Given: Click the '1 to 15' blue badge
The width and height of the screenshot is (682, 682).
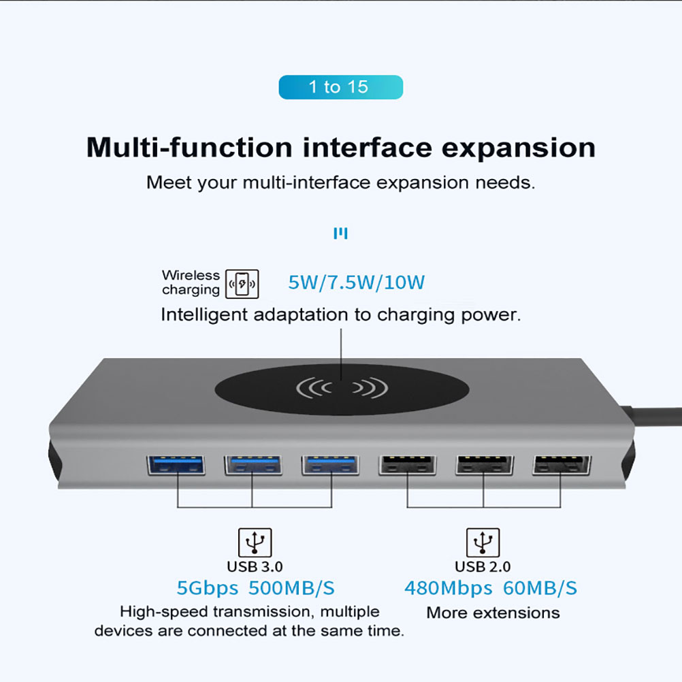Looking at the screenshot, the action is click(x=340, y=87).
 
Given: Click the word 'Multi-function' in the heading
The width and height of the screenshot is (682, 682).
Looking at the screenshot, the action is click(x=189, y=147).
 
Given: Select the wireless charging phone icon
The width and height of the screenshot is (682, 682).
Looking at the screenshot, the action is click(x=242, y=284).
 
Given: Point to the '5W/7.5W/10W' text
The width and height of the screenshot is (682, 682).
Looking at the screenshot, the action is click(x=356, y=282).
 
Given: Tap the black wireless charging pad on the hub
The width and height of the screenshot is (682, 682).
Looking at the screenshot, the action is click(x=342, y=389).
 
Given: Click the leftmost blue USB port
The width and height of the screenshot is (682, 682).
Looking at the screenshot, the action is click(x=176, y=465).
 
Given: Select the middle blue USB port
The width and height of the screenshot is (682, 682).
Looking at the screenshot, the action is click(x=253, y=465).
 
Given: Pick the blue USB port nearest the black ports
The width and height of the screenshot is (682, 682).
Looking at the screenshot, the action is click(x=331, y=465).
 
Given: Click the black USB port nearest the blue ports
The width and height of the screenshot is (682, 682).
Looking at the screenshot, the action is click(x=407, y=465).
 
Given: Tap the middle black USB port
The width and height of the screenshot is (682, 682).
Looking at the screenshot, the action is click(x=485, y=465).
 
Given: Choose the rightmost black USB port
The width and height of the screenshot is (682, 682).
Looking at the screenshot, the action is click(x=562, y=465).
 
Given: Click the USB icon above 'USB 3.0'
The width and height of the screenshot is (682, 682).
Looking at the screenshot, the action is click(x=255, y=542).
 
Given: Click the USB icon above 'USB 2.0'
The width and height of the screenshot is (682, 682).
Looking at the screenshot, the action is click(x=483, y=542).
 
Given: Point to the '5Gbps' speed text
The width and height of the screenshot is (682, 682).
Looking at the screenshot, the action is click(x=208, y=589).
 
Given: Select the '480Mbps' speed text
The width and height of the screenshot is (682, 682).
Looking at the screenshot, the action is click(x=449, y=589).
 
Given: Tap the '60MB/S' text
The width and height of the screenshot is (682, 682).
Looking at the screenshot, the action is click(x=540, y=588).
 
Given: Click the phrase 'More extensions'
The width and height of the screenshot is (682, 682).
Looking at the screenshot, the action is click(x=493, y=613).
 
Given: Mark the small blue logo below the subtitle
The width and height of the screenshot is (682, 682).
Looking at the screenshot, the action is click(x=340, y=233).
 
